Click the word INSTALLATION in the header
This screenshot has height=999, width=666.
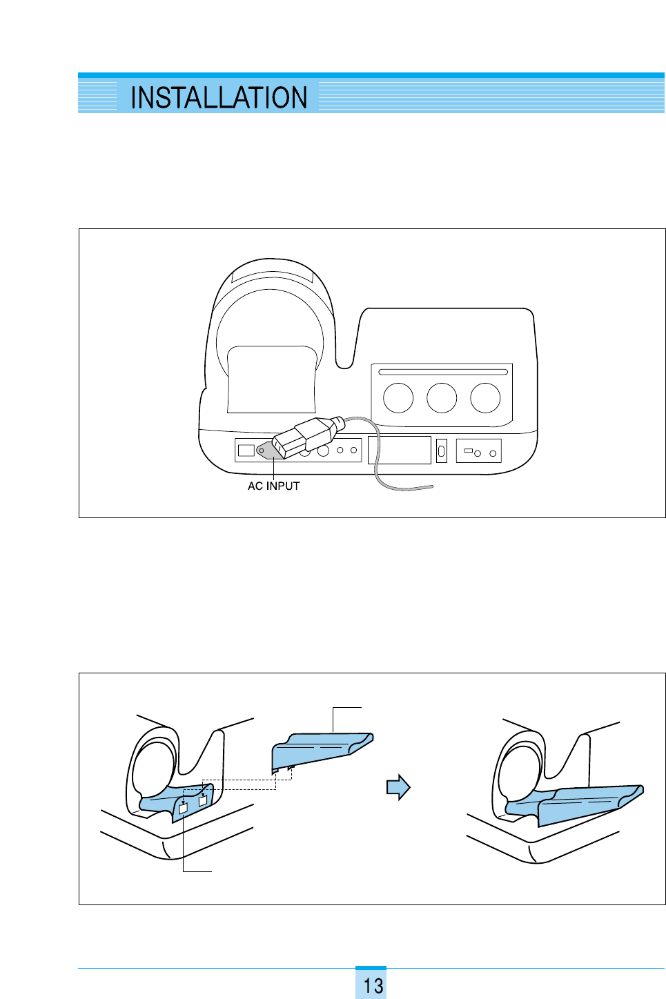[218, 98]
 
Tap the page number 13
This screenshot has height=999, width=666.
[373, 985]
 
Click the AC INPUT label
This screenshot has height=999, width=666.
[273, 486]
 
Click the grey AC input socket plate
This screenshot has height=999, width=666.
[266, 451]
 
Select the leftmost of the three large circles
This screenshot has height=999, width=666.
[398, 398]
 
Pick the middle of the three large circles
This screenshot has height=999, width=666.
[442, 398]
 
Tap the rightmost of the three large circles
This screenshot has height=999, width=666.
[485, 398]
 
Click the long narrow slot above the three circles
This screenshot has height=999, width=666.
[442, 372]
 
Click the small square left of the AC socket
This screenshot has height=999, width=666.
[246, 451]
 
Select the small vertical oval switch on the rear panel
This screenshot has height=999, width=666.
[442, 451]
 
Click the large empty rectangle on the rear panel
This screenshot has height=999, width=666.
[400, 450]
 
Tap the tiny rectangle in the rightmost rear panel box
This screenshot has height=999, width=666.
[467, 451]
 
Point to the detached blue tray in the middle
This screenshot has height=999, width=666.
[321, 749]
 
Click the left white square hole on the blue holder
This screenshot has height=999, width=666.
[183, 808]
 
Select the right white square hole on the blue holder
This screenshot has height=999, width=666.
[202, 801]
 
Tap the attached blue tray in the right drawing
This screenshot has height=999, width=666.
[580, 802]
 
